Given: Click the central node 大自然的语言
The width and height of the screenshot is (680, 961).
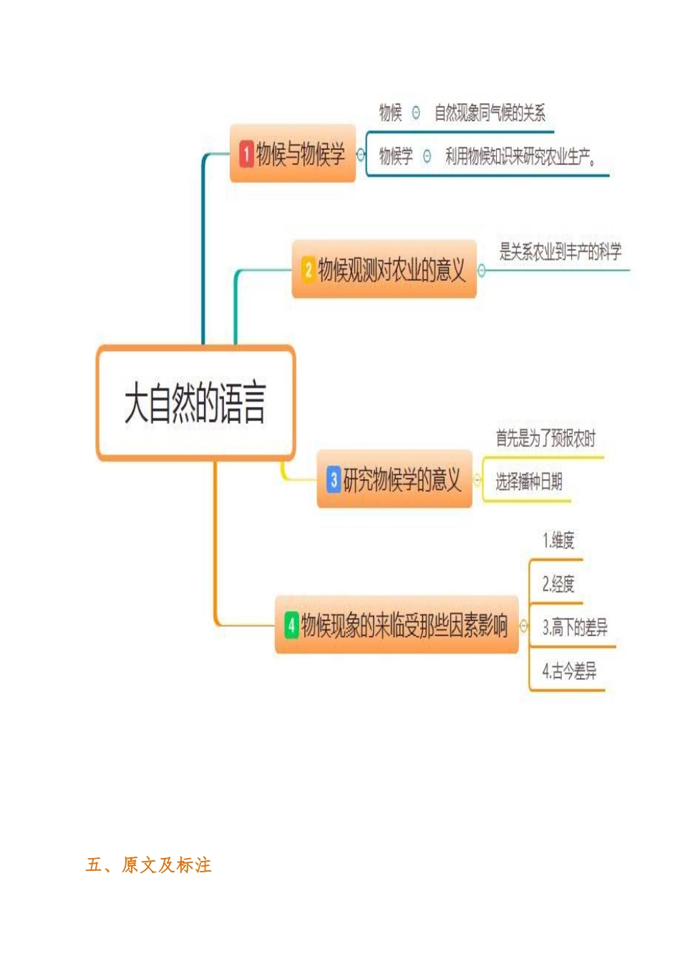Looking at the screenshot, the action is [195, 403].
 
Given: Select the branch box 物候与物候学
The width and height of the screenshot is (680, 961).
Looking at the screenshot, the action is [293, 154].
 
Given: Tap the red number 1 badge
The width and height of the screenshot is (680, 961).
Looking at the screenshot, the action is [246, 154].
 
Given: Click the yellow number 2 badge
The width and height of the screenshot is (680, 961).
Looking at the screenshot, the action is [309, 270].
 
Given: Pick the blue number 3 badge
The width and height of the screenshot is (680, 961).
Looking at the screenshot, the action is [334, 479].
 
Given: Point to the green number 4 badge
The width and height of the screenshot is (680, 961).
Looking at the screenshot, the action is [291, 625].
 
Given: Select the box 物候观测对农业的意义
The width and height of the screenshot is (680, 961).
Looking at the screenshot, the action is [384, 270].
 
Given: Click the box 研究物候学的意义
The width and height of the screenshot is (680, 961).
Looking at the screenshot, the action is [395, 480].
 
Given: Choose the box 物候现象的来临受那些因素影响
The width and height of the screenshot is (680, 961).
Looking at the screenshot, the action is [397, 626].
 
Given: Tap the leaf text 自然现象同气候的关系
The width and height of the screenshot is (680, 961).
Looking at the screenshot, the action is [490, 113].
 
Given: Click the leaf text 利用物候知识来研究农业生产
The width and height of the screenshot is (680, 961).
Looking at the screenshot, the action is [520, 157].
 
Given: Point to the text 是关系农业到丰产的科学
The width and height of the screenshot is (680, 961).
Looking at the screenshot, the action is [560, 252].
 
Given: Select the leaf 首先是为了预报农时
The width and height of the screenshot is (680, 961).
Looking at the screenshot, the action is [545, 438].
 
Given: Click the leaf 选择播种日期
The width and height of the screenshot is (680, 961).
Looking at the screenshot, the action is [529, 482].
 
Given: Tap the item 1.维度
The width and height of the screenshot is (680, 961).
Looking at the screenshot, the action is [558, 541].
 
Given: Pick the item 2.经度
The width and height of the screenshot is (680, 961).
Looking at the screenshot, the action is [558, 584].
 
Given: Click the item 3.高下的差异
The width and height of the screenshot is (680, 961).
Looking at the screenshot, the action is [575, 628].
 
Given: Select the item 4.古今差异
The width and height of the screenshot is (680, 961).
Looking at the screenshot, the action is [569, 671].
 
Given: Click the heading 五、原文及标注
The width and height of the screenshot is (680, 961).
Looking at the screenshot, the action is [149, 865].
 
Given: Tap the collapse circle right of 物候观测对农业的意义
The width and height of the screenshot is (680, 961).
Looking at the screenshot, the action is [482, 270].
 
